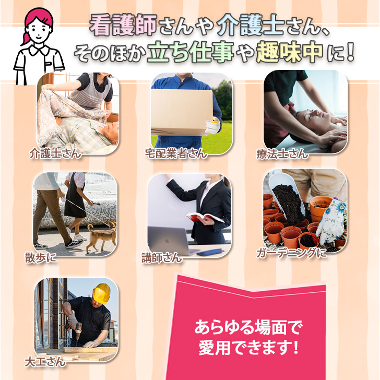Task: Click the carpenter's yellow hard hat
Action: [102, 293]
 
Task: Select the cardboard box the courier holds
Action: [182, 112]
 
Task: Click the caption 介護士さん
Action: [55, 153]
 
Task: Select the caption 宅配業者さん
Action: [176, 153]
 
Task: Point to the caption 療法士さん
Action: [282, 154]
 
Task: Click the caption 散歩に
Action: [41, 257]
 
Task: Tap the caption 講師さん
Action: [162, 258]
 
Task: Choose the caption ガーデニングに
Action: [292, 253]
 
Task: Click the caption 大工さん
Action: [45, 362]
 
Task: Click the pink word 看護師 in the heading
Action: [123, 25]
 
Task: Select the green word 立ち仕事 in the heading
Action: [191, 52]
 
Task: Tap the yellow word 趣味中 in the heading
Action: [290, 52]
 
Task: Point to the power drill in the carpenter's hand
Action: [76, 331]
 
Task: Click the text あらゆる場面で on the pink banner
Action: [248, 327]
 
